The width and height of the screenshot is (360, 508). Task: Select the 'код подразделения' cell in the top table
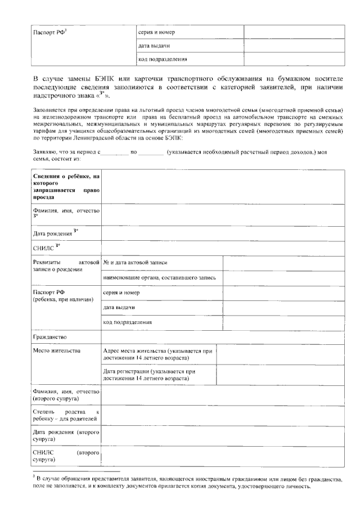163,59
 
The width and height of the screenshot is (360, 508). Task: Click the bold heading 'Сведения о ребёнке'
66,187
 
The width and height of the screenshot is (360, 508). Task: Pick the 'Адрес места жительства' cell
158,354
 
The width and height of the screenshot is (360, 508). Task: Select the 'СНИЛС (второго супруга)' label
66,456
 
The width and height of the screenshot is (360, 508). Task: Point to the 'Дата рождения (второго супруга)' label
66,435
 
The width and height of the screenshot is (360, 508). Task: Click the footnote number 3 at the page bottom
34,475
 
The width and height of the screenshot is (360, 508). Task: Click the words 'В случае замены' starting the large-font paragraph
58,79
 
